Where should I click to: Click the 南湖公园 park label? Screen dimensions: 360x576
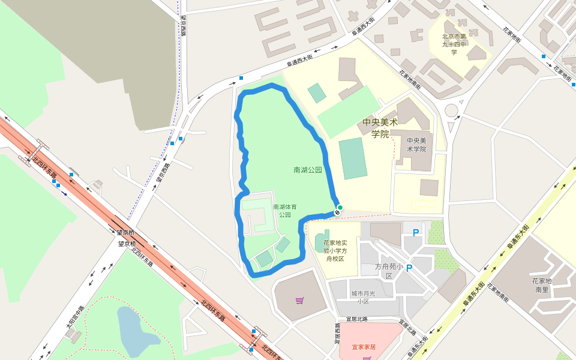(308, 170)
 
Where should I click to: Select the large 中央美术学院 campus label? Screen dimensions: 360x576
(380, 128)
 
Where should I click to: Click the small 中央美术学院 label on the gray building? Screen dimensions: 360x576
(416, 145)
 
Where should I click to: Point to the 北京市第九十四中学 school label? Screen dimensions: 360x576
(454, 44)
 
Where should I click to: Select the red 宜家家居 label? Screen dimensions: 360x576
(364, 347)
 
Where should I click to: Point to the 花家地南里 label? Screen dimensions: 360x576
(542, 285)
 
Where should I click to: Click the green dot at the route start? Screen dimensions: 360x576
(340, 208)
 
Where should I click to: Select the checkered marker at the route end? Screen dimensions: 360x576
(337, 212)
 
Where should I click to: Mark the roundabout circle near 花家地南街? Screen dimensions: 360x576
(451, 110)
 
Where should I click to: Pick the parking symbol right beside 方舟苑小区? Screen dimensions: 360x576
(409, 268)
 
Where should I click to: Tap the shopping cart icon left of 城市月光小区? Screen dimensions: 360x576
(299, 300)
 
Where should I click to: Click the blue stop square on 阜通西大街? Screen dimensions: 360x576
(241, 78)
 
